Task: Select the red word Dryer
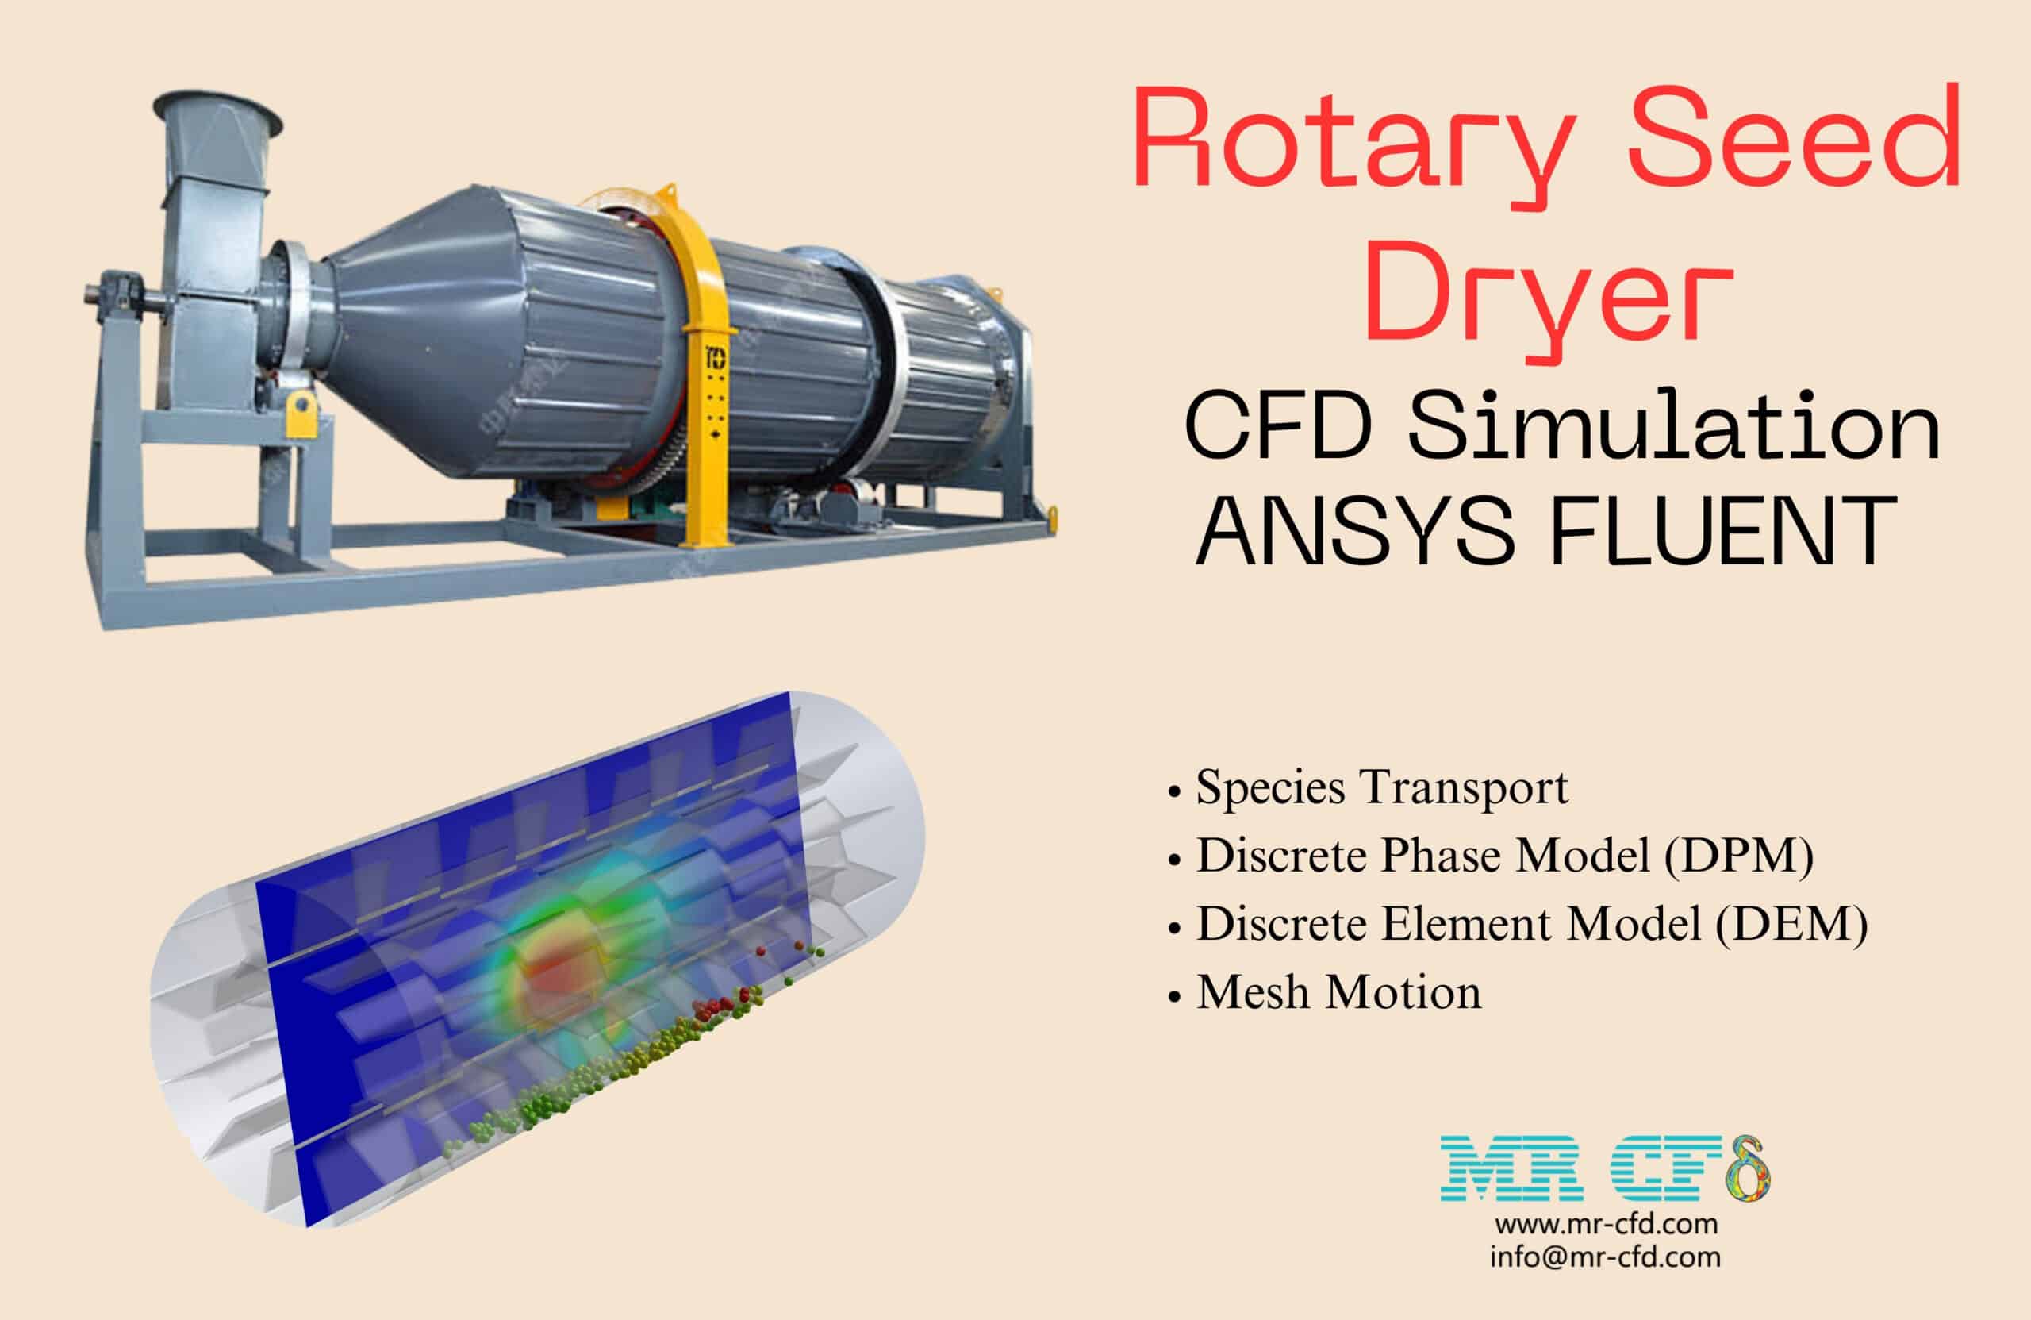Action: click(x=1549, y=294)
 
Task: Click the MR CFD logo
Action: click(x=1604, y=1170)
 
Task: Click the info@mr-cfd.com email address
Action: click(x=1605, y=1257)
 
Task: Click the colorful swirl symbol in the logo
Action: click(x=1746, y=1169)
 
